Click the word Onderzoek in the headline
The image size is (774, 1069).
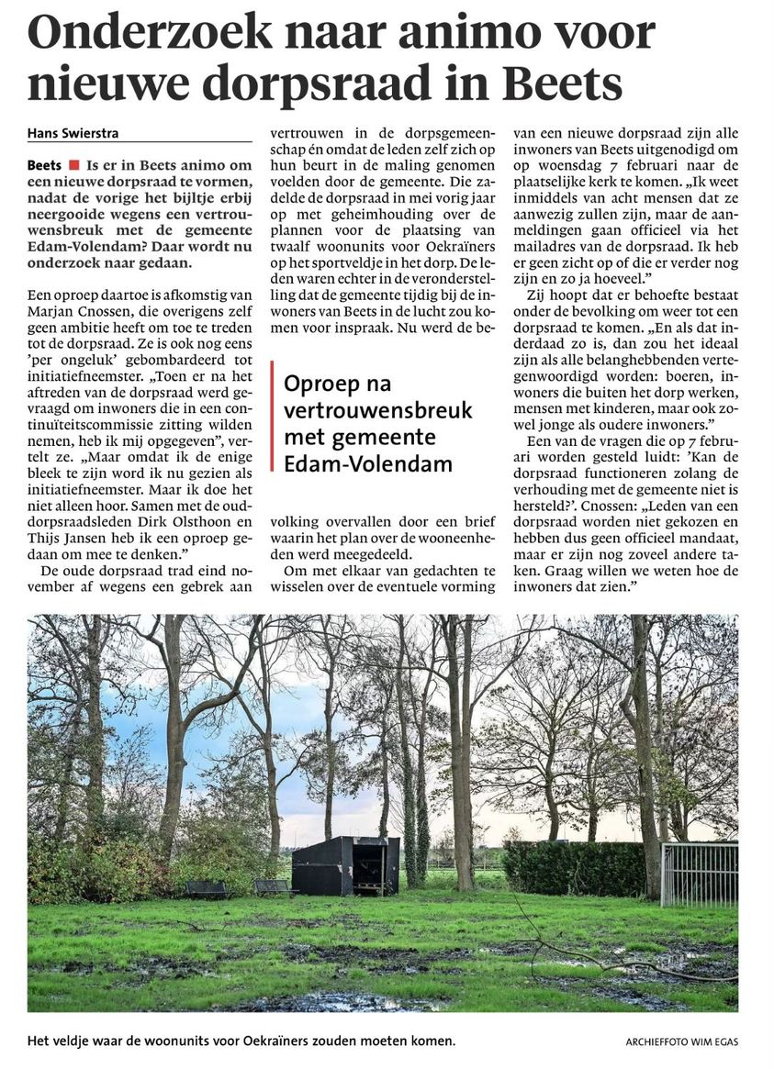(151, 34)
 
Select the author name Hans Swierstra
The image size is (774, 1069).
(73, 133)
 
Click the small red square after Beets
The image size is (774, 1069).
(73, 166)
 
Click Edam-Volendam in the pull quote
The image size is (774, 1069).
(368, 464)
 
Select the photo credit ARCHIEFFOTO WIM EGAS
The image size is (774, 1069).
(681, 1042)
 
